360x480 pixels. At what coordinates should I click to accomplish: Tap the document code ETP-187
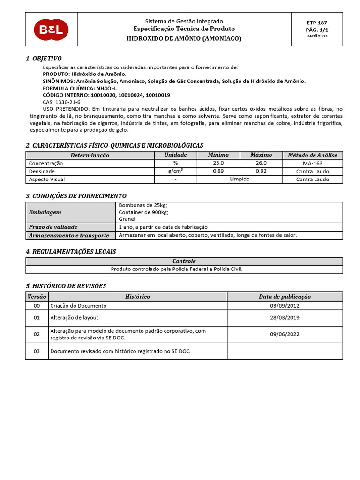pos(317,22)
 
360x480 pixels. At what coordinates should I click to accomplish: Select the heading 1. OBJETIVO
pos(44,59)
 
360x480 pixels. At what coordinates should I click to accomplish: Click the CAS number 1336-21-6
pos(67,102)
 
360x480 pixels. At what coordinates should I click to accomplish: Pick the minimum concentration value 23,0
pos(218,163)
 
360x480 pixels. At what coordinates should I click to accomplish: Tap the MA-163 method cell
pos(313,163)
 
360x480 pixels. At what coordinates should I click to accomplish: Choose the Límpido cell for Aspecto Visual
pos(240,180)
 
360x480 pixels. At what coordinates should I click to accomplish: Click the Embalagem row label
pos(45,212)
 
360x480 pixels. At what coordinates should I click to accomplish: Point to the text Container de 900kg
pos(143,212)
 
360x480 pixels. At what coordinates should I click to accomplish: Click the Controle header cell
pos(184,261)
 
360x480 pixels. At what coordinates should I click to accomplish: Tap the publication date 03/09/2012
pos(285,306)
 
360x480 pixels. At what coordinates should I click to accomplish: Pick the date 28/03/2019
pos(285,318)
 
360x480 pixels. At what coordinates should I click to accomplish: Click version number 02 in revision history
pos(37,334)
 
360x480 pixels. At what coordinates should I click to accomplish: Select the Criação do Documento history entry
pos(78,306)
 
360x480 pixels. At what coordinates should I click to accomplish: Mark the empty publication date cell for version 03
pos(285,351)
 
